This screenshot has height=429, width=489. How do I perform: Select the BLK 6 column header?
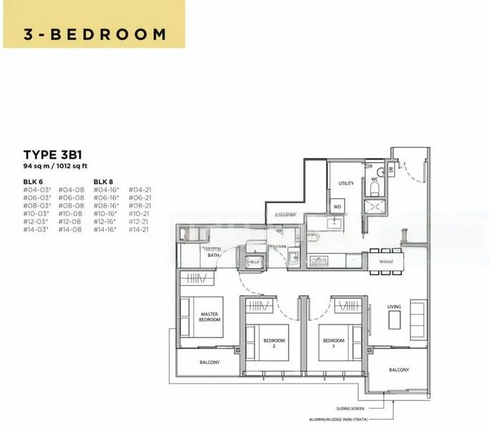pyautogui.click(x=33, y=182)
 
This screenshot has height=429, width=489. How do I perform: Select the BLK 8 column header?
pyautogui.click(x=103, y=182)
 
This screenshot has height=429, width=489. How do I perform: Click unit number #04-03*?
pyautogui.click(x=36, y=189)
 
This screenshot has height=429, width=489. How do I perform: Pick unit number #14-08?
pyautogui.click(x=70, y=230)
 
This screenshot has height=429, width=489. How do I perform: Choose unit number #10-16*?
pyautogui.click(x=107, y=213)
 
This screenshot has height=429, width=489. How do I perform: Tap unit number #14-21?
pyautogui.click(x=139, y=230)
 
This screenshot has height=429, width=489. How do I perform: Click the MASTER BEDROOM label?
pyautogui.click(x=209, y=317)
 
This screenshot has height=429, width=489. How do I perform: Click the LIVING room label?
pyautogui.click(x=395, y=307)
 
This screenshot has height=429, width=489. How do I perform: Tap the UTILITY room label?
pyautogui.click(x=346, y=184)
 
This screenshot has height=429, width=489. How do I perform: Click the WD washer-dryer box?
pyautogui.click(x=337, y=207)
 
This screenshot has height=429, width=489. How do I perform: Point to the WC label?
pyautogui.click(x=375, y=181)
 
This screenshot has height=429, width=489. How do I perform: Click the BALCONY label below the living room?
pyautogui.click(x=399, y=370)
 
